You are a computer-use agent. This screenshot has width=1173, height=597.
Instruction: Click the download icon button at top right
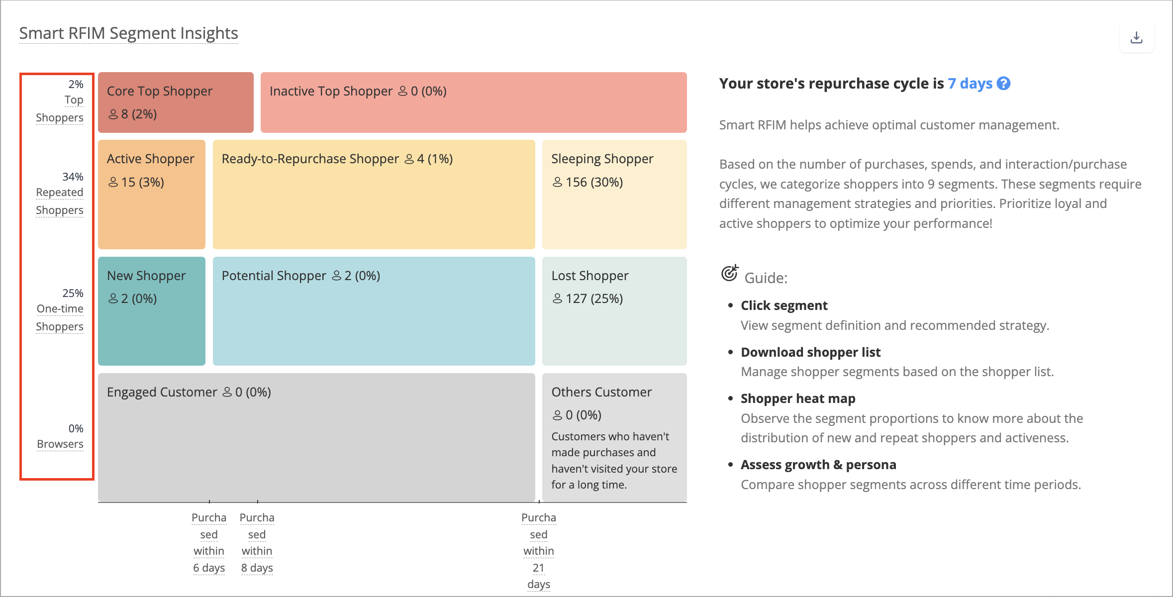(1136, 37)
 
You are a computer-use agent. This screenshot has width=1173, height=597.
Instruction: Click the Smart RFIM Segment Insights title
(128, 33)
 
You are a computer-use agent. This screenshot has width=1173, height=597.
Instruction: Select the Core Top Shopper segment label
(160, 91)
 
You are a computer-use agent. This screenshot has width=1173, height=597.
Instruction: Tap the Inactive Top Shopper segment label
(331, 91)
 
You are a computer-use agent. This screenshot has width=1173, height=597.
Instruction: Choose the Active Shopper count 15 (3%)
(136, 182)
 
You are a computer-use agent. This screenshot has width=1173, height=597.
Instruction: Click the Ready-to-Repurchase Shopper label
(310, 159)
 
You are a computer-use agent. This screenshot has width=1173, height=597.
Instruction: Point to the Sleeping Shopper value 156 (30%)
(587, 182)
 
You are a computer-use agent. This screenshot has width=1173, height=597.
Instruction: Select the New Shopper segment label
(146, 276)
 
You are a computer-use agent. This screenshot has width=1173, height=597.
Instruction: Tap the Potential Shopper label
(274, 276)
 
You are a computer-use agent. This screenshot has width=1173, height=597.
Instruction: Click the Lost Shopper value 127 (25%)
(587, 298)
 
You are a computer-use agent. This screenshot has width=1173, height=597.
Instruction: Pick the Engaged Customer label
(162, 392)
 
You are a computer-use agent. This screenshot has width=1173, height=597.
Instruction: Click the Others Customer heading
(601, 392)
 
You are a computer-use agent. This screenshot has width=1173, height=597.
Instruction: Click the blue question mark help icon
(1004, 83)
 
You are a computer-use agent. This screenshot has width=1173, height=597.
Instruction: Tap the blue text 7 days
(970, 83)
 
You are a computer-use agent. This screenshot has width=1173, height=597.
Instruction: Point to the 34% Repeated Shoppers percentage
(73, 177)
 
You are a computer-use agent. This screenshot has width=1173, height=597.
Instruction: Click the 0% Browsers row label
(60, 436)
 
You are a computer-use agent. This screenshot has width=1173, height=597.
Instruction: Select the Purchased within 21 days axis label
(539, 551)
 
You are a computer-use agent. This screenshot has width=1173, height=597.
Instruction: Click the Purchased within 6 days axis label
(209, 543)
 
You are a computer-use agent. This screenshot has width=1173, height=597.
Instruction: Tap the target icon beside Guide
(730, 273)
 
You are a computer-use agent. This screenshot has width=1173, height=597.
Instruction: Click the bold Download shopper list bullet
(810, 352)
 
